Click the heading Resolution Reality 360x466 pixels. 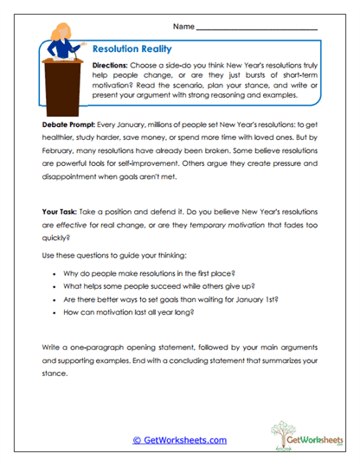[132, 50]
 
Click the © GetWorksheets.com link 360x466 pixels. [179, 440]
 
